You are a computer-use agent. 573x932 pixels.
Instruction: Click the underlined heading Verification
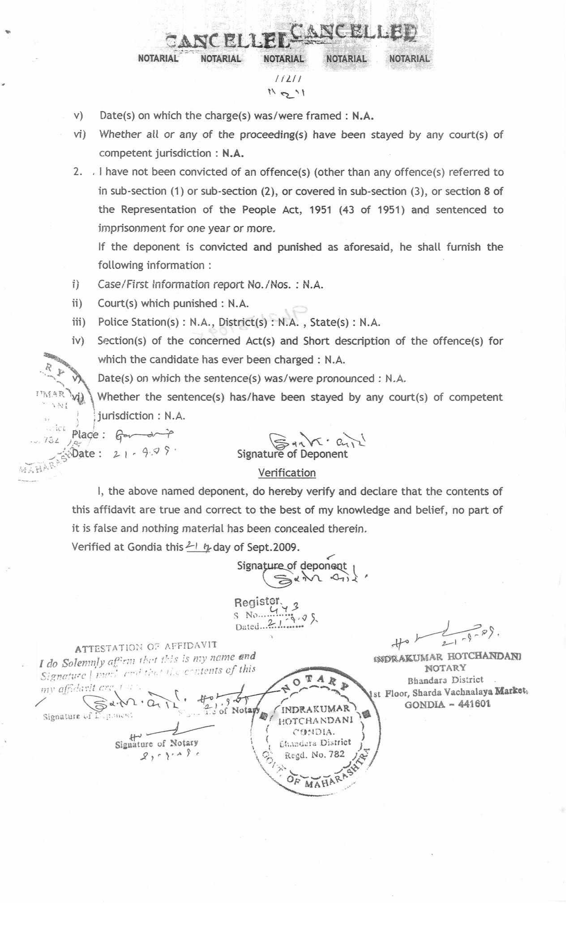pos(287,473)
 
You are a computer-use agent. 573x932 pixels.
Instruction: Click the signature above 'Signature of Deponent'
pos(317,440)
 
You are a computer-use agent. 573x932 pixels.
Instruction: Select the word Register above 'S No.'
pos(257,601)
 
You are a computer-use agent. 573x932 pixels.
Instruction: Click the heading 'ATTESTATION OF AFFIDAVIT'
pos(145,647)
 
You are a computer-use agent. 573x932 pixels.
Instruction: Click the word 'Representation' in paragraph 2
pos(158,210)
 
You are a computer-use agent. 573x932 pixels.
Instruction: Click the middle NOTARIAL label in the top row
pos(283,59)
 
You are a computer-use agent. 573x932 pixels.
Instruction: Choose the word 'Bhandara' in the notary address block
pos(425,680)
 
